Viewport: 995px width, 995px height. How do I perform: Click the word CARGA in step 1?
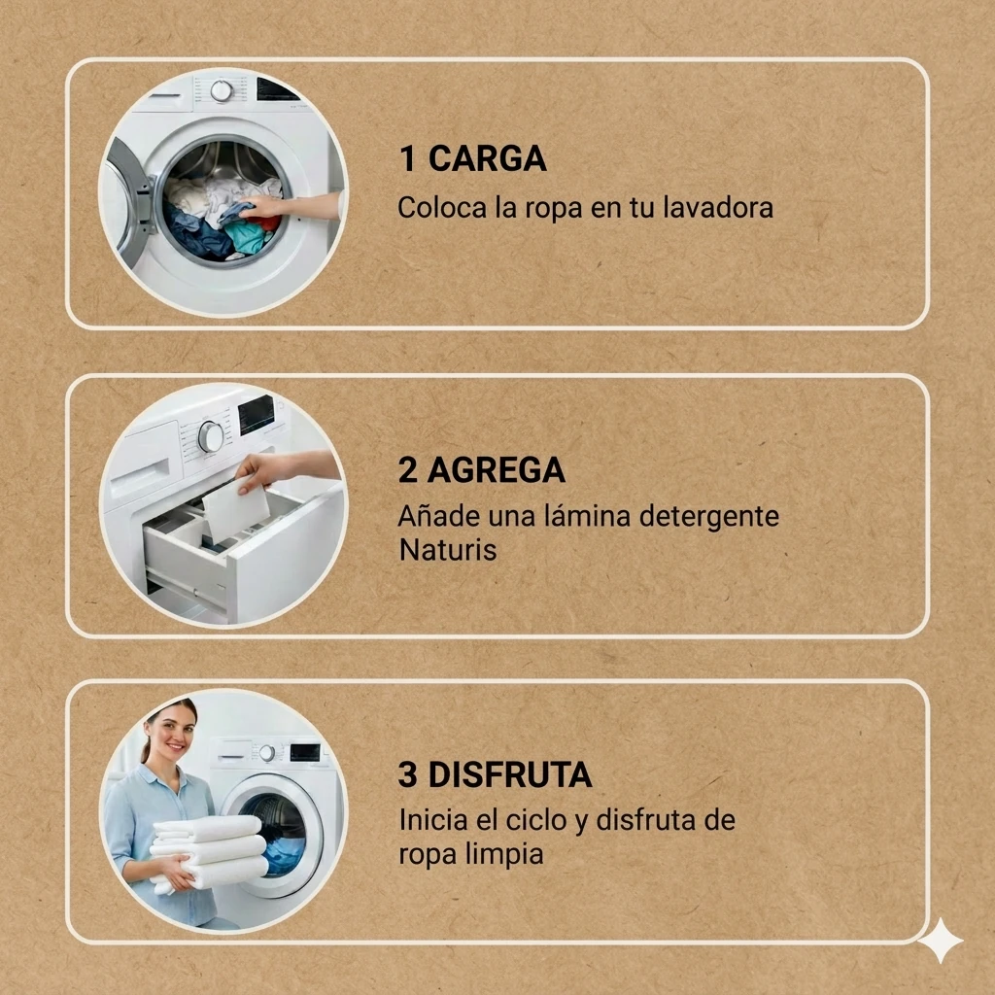[x=488, y=158]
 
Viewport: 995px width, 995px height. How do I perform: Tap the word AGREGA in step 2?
[x=497, y=470]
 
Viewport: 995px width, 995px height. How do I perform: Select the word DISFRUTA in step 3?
[x=510, y=774]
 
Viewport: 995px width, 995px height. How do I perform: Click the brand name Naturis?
[x=447, y=550]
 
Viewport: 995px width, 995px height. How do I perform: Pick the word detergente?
[x=708, y=517]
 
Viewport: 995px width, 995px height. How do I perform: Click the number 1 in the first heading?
[x=408, y=158]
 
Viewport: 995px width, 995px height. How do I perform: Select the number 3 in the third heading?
[x=408, y=774]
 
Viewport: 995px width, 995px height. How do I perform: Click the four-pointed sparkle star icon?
[x=941, y=941]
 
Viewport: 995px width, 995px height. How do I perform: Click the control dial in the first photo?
[x=222, y=90]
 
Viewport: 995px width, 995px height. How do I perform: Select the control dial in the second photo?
[x=211, y=436]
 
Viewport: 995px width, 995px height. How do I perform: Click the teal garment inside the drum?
[x=246, y=237]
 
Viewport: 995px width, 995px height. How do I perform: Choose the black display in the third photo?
[x=305, y=752]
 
